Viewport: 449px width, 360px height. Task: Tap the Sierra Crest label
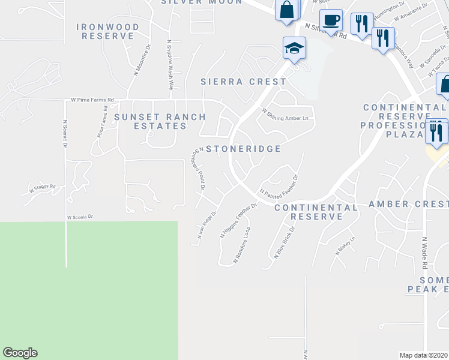pyautogui.click(x=244, y=82)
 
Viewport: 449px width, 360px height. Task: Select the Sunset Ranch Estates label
pyautogui.click(x=160, y=121)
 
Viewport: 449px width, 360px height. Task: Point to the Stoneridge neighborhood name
pyautogui.click(x=243, y=148)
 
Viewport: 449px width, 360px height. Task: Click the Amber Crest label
pyautogui.click(x=408, y=204)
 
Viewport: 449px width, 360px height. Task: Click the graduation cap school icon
pyautogui.click(x=295, y=49)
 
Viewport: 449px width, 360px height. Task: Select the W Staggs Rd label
pyautogui.click(x=43, y=188)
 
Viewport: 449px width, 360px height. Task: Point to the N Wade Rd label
pyautogui.click(x=424, y=252)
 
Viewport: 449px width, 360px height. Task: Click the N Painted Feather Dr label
pyautogui.click(x=279, y=185)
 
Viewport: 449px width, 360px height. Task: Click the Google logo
pyautogui.click(x=20, y=353)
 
